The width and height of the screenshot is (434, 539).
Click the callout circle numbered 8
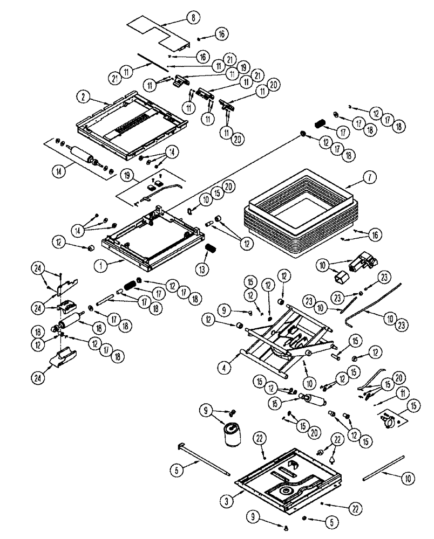click(x=192, y=17)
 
